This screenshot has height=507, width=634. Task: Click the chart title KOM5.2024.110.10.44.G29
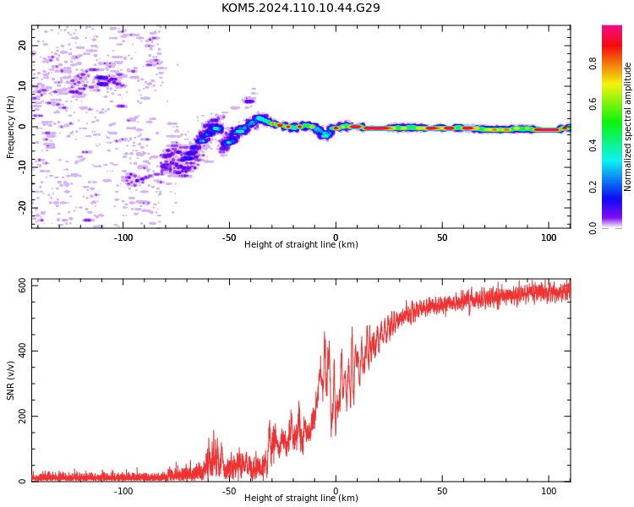pos(300,8)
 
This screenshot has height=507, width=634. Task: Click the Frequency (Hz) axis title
pos(10,127)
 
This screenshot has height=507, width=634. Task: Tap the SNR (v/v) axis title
pos(10,380)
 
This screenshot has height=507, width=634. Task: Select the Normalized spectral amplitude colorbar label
pos(627,127)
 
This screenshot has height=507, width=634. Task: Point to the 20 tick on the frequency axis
pos(22,45)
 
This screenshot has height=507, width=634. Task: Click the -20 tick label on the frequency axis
pos(22,207)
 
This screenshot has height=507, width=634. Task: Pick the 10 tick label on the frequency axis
pos(22,85)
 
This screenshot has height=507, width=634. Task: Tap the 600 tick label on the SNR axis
pos(22,286)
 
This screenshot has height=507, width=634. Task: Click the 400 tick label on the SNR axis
pos(22,351)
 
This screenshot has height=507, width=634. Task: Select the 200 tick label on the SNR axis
pos(22,416)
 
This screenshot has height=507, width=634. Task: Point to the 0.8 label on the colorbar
pos(593,63)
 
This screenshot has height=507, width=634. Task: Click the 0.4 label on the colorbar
pos(593,145)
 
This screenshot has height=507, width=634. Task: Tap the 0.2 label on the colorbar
pos(593,187)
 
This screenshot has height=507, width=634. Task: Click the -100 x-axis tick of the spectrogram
pos(123,237)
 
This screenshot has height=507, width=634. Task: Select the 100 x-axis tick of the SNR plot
pos(549,491)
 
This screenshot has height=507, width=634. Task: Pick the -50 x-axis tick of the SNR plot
pos(229,491)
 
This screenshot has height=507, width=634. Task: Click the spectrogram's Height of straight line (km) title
pos(301,244)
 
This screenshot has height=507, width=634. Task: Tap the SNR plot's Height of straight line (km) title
pos(301,498)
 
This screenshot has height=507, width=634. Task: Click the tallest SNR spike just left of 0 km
pos(325,333)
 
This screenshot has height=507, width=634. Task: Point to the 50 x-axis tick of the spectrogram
pos(442,237)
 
